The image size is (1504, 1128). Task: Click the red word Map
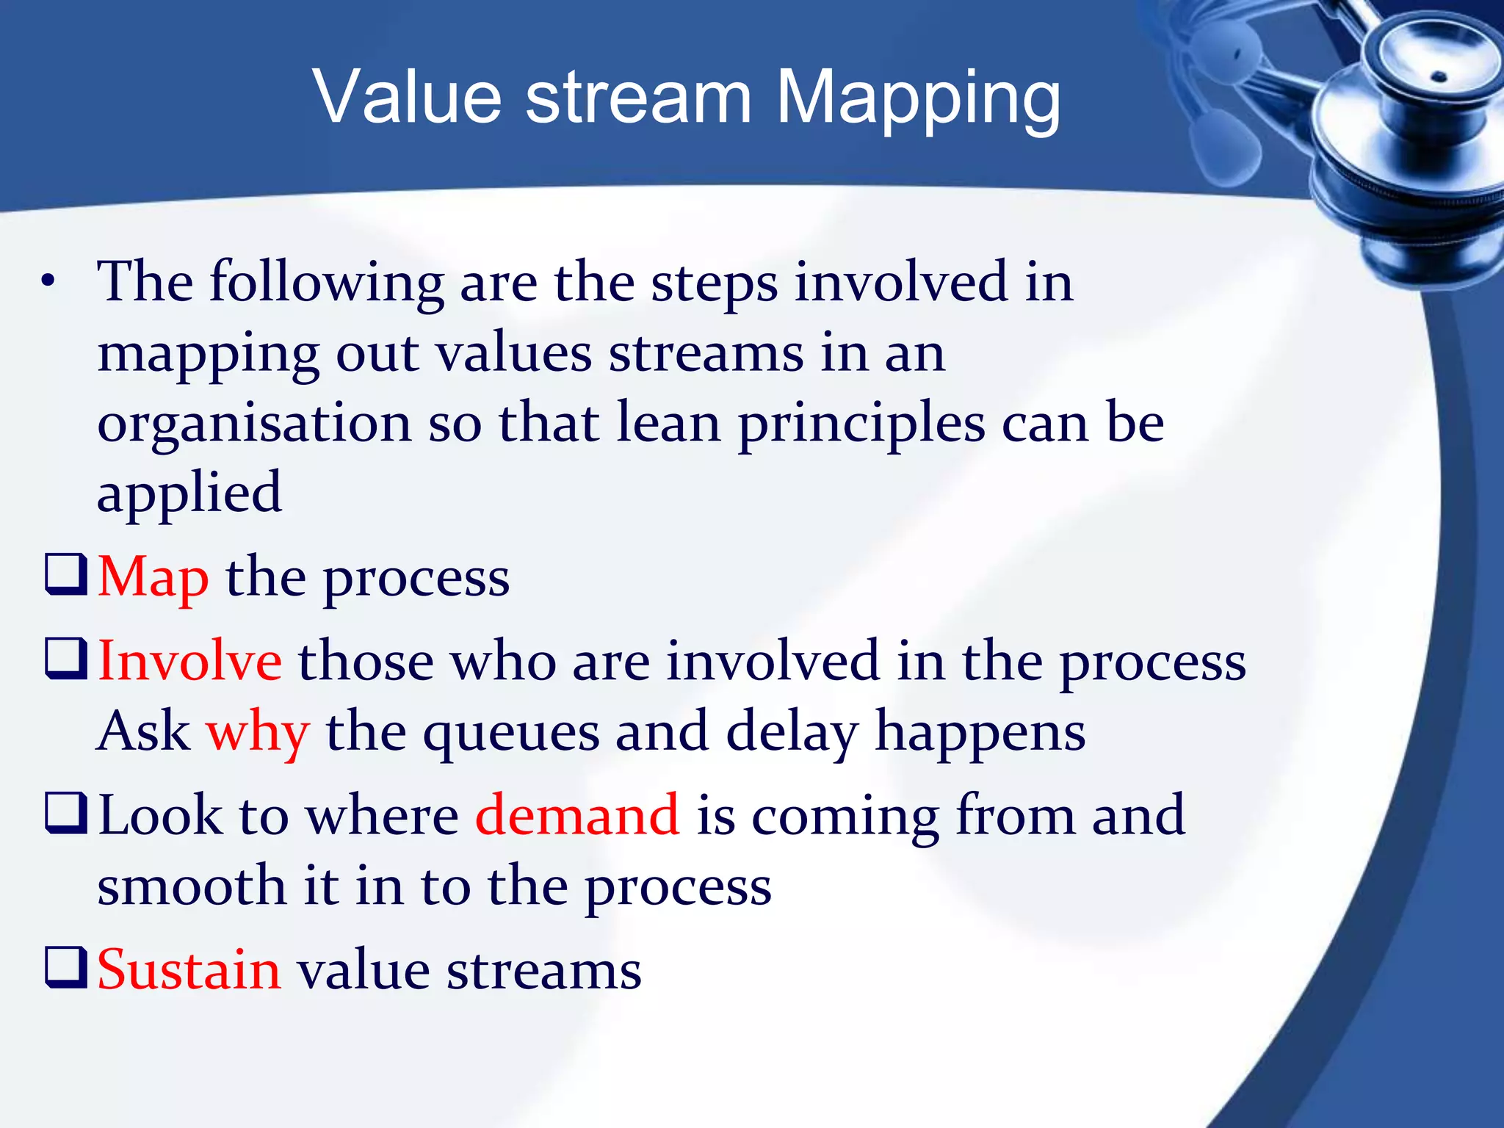click(153, 578)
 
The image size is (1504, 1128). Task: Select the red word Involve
click(189, 661)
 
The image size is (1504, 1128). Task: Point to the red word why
click(258, 733)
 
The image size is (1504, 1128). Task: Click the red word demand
click(577, 815)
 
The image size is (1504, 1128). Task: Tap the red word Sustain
click(189, 970)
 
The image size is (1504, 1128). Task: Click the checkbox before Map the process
click(66, 574)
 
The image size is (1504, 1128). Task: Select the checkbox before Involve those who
click(66, 658)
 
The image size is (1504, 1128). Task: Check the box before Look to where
click(66, 812)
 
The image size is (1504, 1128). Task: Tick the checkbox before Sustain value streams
click(66, 967)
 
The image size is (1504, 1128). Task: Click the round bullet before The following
click(48, 281)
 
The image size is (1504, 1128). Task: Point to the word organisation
click(254, 424)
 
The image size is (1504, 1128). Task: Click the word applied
click(189, 493)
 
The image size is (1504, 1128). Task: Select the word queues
click(511, 733)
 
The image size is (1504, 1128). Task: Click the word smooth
click(191, 886)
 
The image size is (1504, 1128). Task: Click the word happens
click(980, 733)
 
